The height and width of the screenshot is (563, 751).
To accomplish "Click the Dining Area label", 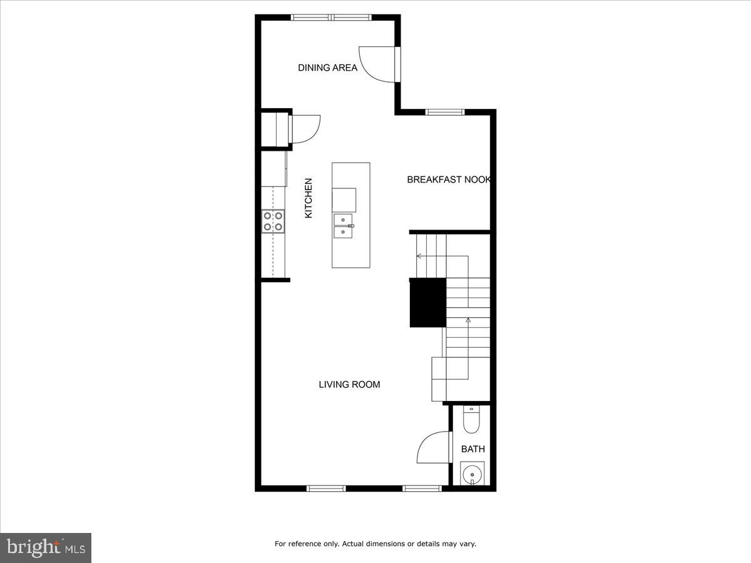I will pyautogui.click(x=327, y=68).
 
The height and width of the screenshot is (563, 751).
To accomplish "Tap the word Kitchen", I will pyautogui.click(x=308, y=198).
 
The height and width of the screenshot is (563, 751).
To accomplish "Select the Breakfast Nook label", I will pyautogui.click(x=448, y=180).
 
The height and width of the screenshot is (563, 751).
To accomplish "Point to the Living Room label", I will pyautogui.click(x=349, y=385).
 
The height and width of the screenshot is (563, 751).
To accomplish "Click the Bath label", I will pyautogui.click(x=473, y=449).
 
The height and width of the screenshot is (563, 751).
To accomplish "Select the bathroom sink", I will pyautogui.click(x=472, y=475).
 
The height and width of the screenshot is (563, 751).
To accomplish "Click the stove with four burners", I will pyautogui.click(x=273, y=221).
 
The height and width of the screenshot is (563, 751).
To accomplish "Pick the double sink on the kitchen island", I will pyautogui.click(x=344, y=226).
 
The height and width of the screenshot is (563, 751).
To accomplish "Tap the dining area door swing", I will pyautogui.click(x=377, y=63).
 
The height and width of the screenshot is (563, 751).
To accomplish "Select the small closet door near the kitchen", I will pyautogui.click(x=305, y=128).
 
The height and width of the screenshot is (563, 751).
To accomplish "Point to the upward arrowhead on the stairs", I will pyautogui.click(x=468, y=320).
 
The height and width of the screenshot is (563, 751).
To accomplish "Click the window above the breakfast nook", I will pyautogui.click(x=445, y=112).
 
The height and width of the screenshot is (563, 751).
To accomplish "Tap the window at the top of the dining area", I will pyautogui.click(x=332, y=18).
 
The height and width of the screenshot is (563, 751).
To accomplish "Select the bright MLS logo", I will pyautogui.click(x=46, y=548).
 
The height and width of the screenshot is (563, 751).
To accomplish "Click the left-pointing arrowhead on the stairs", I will pyautogui.click(x=418, y=255).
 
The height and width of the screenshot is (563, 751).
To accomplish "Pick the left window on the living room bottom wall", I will pyautogui.click(x=326, y=489).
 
